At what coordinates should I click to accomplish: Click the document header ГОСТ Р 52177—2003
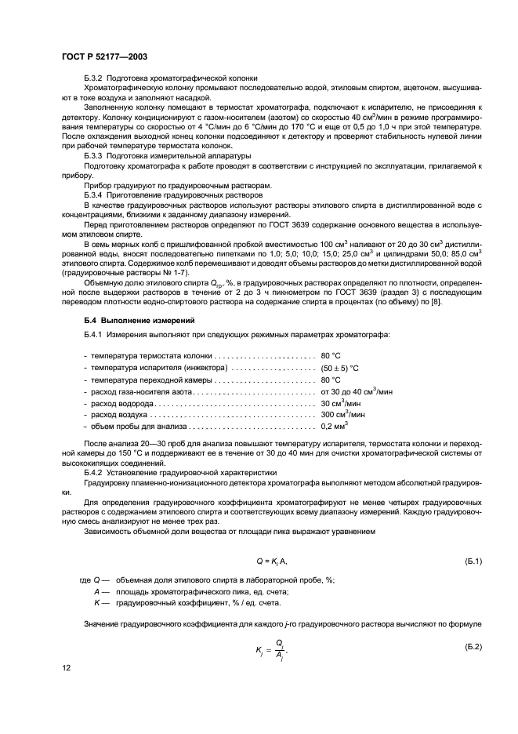coord(103,57)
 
